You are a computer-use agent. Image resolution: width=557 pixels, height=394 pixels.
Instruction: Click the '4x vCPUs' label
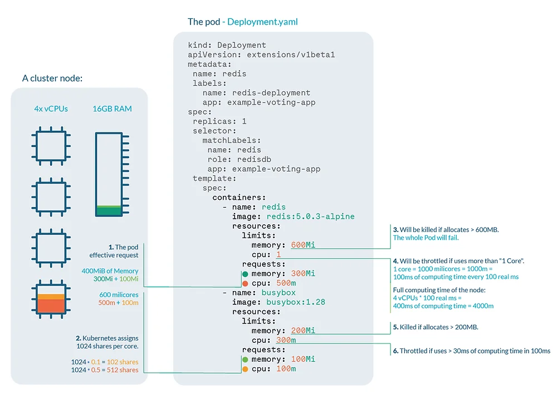click(x=51, y=109)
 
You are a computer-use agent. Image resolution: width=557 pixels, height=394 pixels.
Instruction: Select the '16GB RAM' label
click(x=113, y=109)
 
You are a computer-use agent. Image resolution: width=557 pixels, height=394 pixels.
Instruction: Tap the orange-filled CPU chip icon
click(x=51, y=304)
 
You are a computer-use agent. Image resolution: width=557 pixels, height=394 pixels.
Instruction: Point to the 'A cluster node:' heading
click(x=52, y=78)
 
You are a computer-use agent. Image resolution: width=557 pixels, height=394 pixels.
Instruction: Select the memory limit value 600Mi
click(x=303, y=245)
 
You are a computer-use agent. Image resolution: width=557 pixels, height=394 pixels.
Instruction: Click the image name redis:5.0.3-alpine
click(x=310, y=216)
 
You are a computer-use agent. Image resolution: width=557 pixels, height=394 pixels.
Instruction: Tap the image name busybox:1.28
click(x=296, y=302)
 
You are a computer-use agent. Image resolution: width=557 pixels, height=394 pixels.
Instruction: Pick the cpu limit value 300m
click(x=286, y=341)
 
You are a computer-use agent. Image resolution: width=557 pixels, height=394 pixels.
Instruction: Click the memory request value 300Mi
click(x=303, y=273)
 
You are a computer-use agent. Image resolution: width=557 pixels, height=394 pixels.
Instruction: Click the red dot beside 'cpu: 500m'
click(x=245, y=283)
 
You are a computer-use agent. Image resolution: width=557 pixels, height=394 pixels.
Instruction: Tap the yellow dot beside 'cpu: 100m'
click(x=245, y=369)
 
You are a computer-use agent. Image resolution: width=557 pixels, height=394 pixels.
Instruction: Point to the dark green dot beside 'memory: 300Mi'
click(x=245, y=273)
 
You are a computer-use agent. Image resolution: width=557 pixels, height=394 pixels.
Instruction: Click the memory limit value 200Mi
click(x=303, y=331)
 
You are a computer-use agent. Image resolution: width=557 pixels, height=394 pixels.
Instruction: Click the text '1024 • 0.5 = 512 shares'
click(x=105, y=370)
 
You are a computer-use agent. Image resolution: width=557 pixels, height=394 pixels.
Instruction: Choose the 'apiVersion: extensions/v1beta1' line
click(x=261, y=55)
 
